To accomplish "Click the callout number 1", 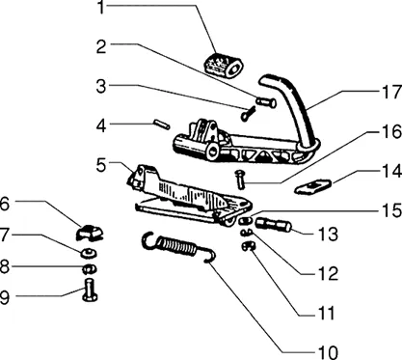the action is (x=102, y=8).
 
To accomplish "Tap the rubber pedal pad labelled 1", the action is (x=224, y=65).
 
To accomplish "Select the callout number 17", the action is (x=391, y=92).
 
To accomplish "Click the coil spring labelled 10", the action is (x=178, y=245).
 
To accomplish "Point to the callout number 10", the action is (x=328, y=352).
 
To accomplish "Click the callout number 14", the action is (x=391, y=171).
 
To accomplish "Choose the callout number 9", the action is (x=4, y=297).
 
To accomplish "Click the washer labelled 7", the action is (x=89, y=253).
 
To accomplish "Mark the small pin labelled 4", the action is (x=162, y=125).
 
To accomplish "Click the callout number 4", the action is (x=101, y=125).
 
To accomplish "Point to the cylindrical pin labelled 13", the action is (x=274, y=224).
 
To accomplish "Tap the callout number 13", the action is (x=328, y=234).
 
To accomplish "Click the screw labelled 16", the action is (x=240, y=180).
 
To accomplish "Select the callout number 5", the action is (x=101, y=165).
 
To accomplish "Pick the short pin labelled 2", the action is (x=266, y=102).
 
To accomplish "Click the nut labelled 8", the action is (x=90, y=268).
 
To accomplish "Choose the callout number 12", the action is (x=328, y=273).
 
